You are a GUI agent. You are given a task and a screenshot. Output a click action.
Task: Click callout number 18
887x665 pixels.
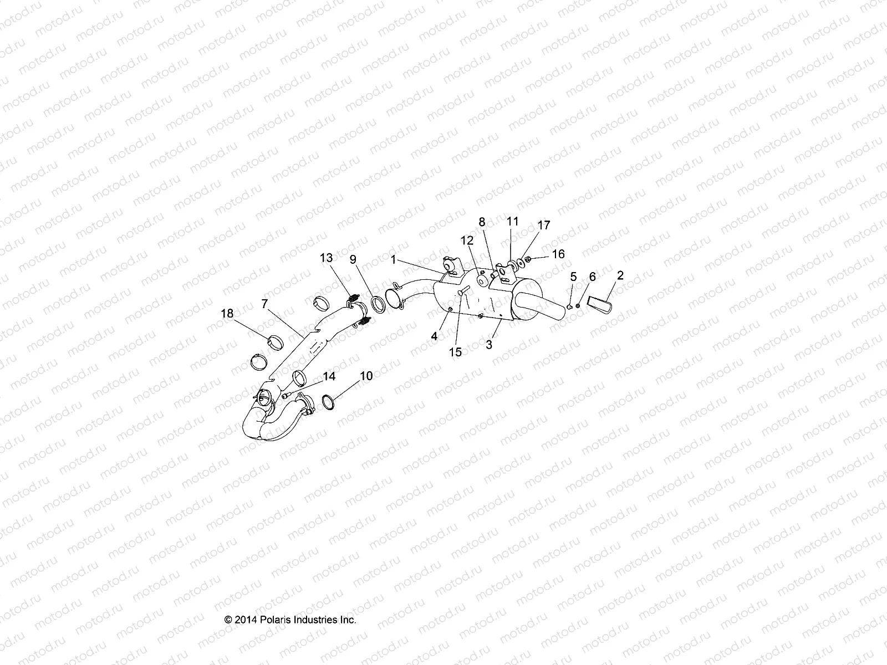coord(227,314)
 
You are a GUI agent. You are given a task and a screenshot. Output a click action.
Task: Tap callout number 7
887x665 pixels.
coord(264,304)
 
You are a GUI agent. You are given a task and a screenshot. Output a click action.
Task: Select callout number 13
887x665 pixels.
coord(327,258)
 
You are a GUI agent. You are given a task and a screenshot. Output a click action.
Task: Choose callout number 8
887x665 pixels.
coord(482,222)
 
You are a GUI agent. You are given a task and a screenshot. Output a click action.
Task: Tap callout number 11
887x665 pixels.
coord(513,221)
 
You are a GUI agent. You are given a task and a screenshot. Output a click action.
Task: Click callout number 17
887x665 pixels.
coord(544,225)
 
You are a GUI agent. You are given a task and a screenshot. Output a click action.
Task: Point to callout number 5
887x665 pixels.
coord(573,276)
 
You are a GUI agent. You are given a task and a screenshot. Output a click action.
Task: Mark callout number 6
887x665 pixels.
coord(592,276)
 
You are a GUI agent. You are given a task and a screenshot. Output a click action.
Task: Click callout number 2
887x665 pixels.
coord(620,275)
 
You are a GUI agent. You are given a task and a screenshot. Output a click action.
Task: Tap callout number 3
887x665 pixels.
coord(488,345)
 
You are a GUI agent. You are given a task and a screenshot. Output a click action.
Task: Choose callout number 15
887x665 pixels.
coord(455,352)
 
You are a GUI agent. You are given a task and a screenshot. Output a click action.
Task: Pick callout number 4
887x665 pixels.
coord(435,336)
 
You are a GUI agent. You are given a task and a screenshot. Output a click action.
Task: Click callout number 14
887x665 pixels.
coord(329,377)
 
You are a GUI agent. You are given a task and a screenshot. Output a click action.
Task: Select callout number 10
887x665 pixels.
coord(366,376)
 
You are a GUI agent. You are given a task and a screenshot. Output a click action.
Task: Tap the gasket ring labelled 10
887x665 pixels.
coord(328,401)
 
